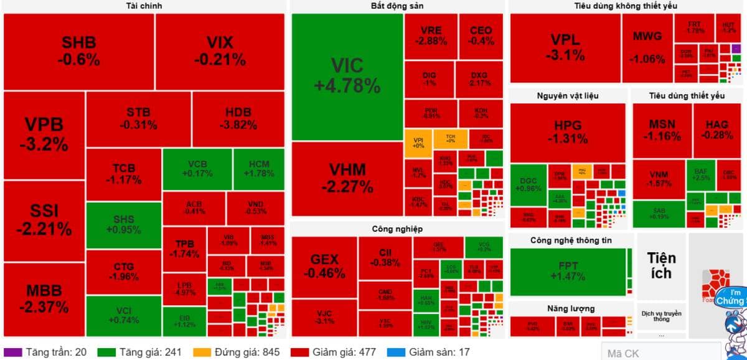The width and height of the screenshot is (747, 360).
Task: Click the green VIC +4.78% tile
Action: (347, 77)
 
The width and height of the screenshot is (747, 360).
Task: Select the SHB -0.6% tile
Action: (79, 52)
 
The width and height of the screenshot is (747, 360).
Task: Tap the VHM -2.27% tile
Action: (347, 178)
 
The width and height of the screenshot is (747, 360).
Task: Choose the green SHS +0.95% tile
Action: (123, 225)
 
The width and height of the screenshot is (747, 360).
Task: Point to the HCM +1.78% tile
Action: (258, 168)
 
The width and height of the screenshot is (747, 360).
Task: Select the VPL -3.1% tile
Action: (565, 48)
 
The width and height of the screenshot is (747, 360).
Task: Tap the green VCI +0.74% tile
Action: (123, 316)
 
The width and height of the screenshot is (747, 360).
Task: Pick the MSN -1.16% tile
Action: (662, 131)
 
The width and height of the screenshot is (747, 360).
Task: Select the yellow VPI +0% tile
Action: (418, 142)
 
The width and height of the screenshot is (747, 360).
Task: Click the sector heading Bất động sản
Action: (397, 6)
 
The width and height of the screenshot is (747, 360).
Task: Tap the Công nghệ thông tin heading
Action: (568, 240)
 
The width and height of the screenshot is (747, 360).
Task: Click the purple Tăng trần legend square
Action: (17, 353)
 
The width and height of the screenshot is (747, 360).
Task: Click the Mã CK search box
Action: (660, 353)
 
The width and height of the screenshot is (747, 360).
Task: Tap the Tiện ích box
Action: (661, 265)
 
